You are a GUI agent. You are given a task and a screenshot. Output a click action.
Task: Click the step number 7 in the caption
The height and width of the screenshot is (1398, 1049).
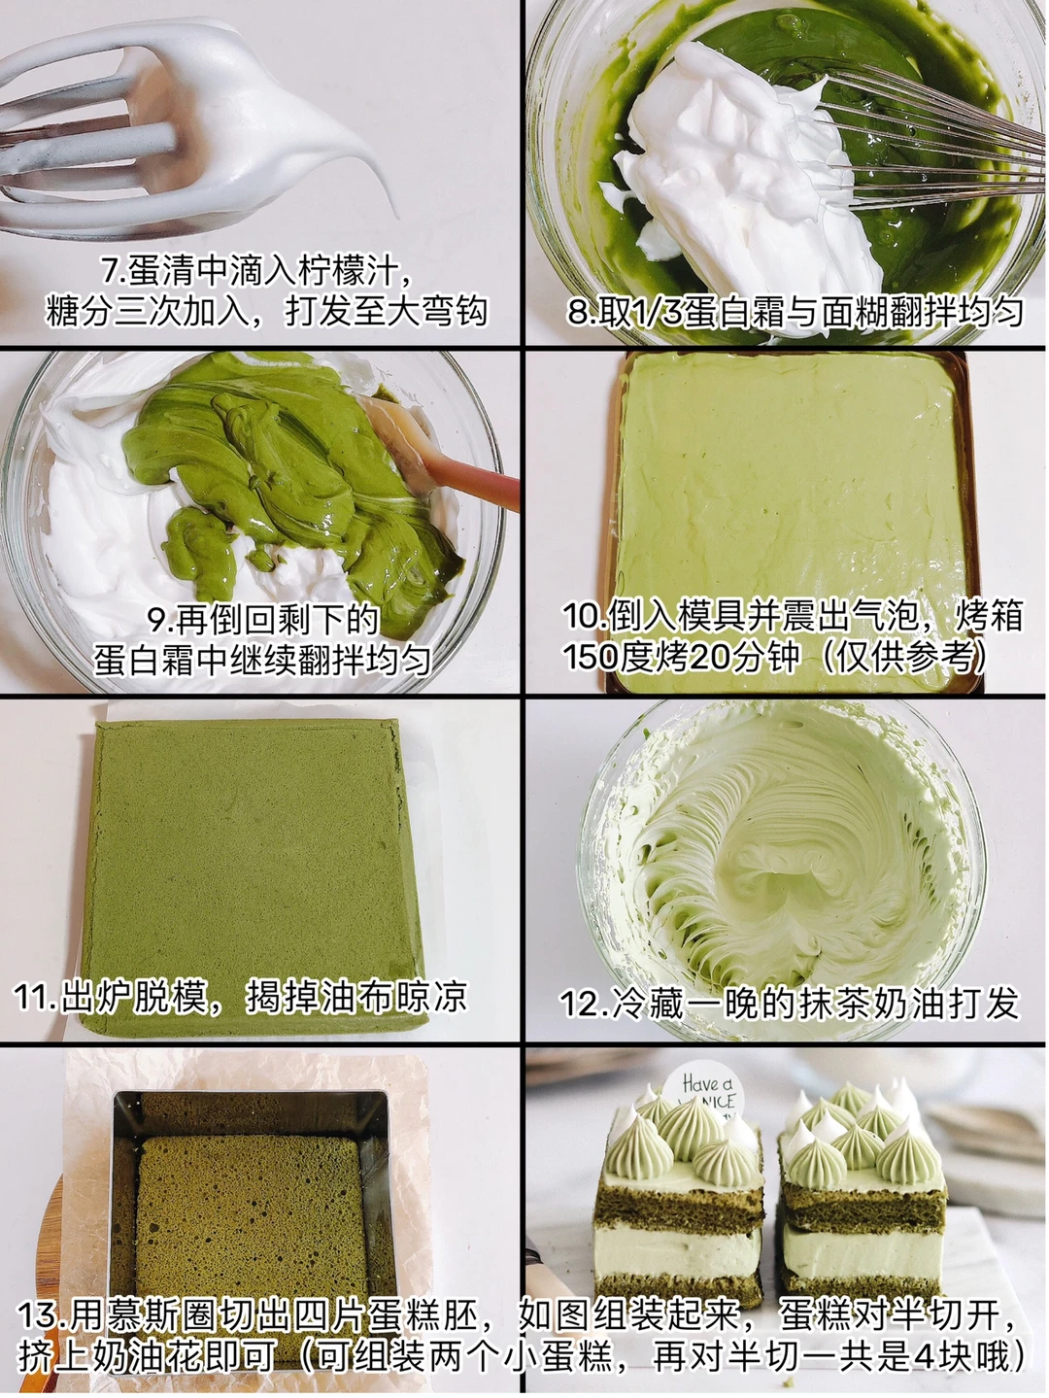[x=112, y=273]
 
